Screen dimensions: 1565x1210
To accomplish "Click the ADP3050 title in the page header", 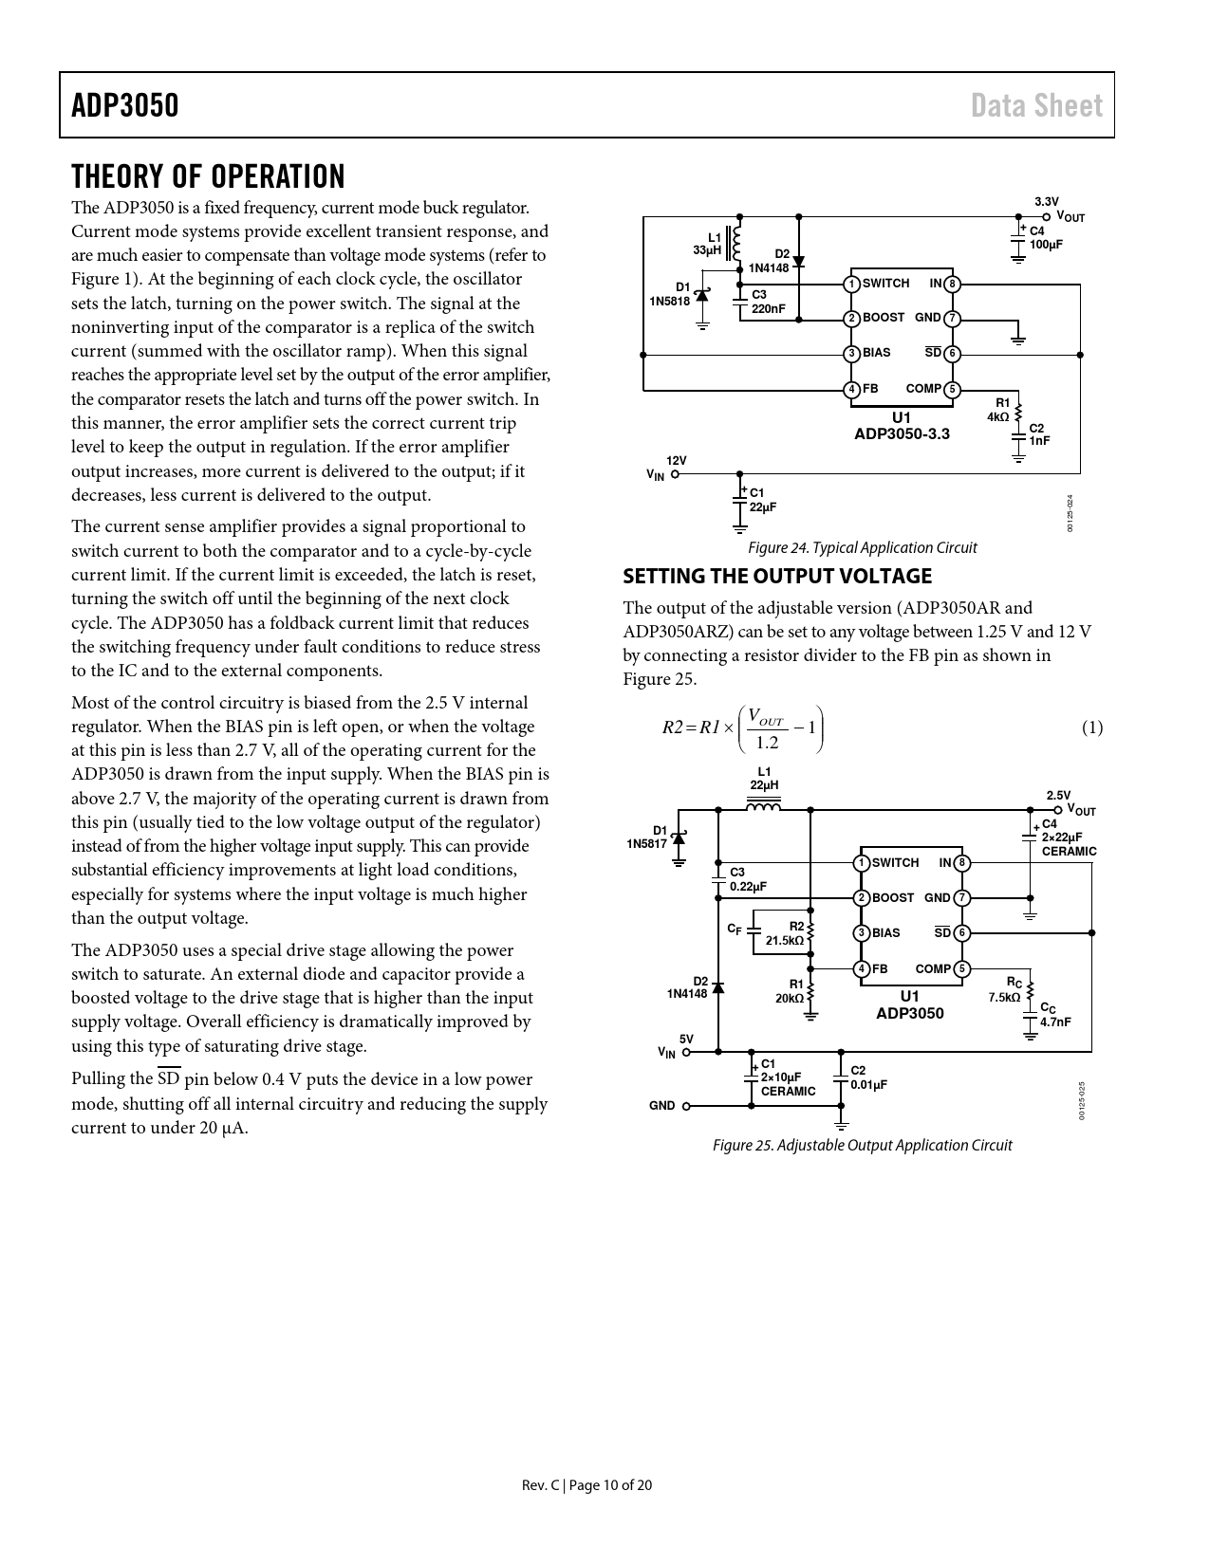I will click(x=124, y=105).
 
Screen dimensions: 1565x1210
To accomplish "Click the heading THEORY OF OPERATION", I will click(x=208, y=176).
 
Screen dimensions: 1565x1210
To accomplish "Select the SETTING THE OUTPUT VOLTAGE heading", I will click(x=776, y=576).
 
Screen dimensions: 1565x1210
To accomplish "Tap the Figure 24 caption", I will click(x=862, y=547).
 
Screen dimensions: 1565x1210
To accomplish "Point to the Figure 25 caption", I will click(x=862, y=1145).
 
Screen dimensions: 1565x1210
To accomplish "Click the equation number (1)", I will click(x=1091, y=727).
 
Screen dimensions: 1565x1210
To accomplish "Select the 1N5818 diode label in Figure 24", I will click(x=669, y=301).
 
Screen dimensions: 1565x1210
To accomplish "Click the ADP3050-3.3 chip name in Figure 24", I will click(x=902, y=433).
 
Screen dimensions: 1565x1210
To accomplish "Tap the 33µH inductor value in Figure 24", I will click(x=707, y=250).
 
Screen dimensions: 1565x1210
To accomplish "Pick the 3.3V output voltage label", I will click(x=1046, y=201).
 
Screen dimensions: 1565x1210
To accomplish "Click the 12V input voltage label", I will click(x=676, y=461).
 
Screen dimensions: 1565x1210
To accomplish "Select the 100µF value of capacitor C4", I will click(x=1046, y=244).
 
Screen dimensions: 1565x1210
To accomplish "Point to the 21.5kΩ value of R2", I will click(x=785, y=940).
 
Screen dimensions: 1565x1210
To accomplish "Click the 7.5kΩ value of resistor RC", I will click(x=1004, y=997).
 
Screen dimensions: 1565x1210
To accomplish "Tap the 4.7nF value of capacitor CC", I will click(x=1055, y=1022).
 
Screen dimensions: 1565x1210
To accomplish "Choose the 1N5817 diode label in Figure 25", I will click(x=646, y=843).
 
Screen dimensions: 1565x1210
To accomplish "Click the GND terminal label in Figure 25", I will click(x=661, y=1105).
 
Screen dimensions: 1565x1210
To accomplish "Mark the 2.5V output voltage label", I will click(x=1058, y=795).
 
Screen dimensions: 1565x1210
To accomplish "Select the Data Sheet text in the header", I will click(x=1036, y=105).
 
